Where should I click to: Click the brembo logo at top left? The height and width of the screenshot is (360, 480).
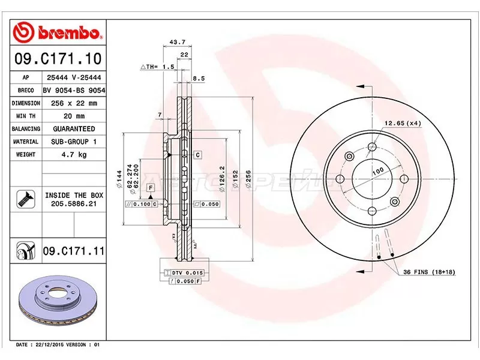[x=59, y=31]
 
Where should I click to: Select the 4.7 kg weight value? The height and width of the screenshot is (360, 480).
[x=74, y=155]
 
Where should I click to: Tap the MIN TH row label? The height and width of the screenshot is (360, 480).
[x=26, y=116]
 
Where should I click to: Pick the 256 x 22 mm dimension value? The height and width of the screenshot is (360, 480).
[x=74, y=103]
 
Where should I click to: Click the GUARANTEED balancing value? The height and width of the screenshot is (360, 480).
[x=74, y=129]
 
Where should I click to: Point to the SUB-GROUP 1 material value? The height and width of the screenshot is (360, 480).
[x=74, y=142]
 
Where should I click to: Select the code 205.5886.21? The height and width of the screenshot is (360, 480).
[x=74, y=205]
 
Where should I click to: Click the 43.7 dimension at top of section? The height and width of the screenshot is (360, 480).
[x=176, y=42]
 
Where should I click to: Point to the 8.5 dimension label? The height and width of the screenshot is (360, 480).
[x=200, y=78]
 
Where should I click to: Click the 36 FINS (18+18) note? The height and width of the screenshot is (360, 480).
[x=430, y=272]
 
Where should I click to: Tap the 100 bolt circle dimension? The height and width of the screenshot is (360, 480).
[x=378, y=170]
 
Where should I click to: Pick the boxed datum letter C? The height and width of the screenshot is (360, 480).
[x=197, y=155]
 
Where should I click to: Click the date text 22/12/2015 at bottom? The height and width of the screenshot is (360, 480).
[x=56, y=345]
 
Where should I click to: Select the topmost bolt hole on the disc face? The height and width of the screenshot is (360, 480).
[x=372, y=146]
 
